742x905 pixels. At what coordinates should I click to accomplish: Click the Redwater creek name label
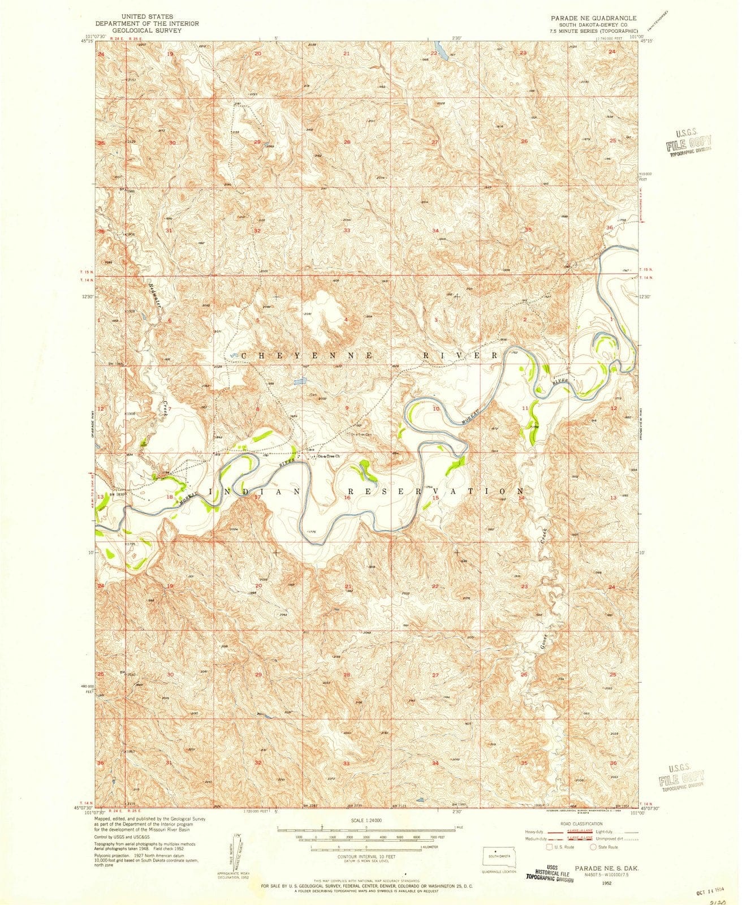(x=152, y=295)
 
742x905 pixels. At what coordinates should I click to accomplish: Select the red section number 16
(x=347, y=497)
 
